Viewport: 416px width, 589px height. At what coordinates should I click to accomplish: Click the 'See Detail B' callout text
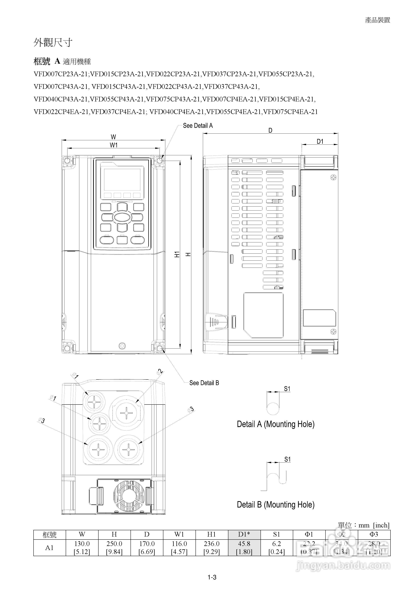[x=204, y=383]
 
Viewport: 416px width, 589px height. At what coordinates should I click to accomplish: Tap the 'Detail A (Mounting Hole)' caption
[x=276, y=424]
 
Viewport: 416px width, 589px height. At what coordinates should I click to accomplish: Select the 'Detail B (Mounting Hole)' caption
[x=276, y=505]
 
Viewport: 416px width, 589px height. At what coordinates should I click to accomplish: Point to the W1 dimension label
[x=114, y=145]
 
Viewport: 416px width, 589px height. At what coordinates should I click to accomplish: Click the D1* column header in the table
[x=244, y=534]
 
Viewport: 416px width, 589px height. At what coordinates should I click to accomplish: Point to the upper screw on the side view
[x=333, y=178]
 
